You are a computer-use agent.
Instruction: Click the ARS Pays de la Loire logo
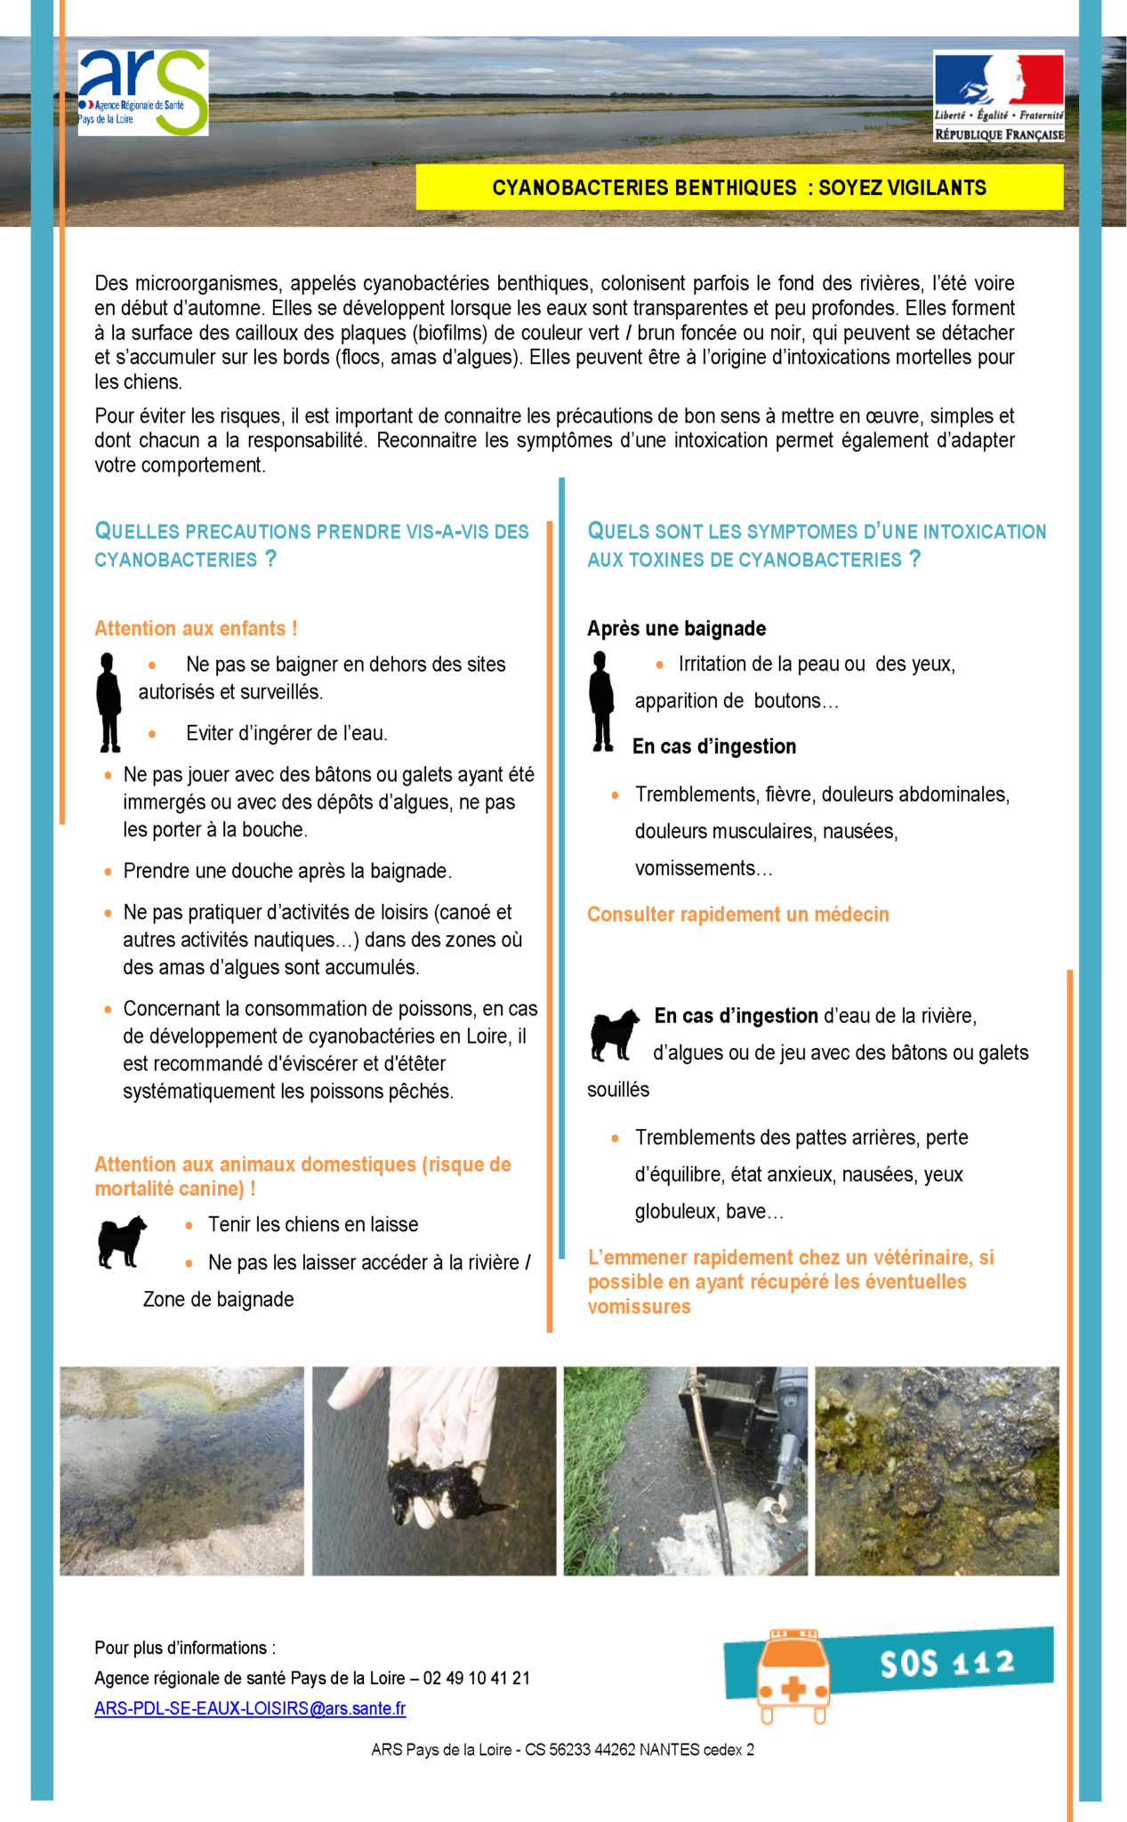click(x=143, y=93)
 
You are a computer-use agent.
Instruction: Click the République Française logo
click(x=998, y=96)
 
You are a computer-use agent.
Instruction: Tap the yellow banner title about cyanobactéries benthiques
click(x=739, y=188)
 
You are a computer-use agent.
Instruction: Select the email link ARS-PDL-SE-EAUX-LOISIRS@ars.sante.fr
click(x=250, y=1708)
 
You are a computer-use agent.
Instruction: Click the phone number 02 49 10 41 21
click(x=476, y=1678)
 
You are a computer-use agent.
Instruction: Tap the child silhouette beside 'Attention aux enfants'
click(x=109, y=702)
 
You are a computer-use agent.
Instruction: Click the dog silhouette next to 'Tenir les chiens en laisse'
click(x=121, y=1241)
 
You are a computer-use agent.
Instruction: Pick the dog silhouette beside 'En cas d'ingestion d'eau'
click(x=614, y=1035)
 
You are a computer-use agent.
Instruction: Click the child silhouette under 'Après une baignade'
click(x=602, y=701)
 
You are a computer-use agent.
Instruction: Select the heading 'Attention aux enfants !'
click(x=196, y=628)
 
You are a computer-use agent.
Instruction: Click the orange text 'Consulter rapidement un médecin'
click(x=737, y=915)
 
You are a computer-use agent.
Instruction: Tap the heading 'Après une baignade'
click(x=676, y=628)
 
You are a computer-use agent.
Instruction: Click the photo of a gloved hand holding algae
click(x=434, y=1470)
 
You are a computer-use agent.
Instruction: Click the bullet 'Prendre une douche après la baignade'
click(x=286, y=871)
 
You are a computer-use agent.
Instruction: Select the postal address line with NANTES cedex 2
click(x=562, y=1749)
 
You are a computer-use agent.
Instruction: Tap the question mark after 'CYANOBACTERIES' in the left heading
click(x=271, y=559)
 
